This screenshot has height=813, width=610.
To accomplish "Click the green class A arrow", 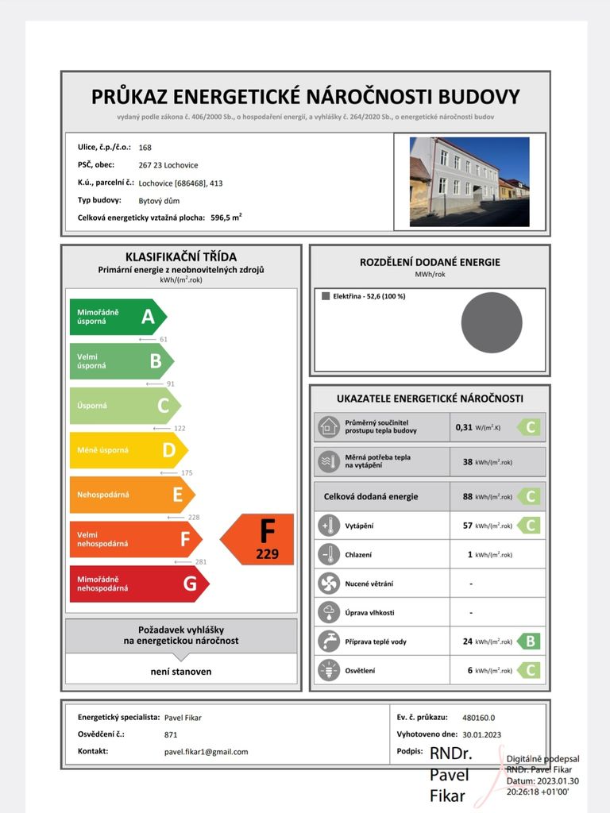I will pyautogui.click(x=118, y=318).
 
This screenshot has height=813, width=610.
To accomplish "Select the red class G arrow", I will pyautogui.click(x=138, y=584).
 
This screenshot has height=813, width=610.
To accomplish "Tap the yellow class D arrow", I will pyautogui.click(x=128, y=450).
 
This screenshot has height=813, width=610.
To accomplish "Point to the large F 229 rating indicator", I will pyautogui.click(x=259, y=539).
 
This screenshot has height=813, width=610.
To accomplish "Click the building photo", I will pyautogui.click(x=469, y=182).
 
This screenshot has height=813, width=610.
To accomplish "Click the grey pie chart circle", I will pyautogui.click(x=492, y=322).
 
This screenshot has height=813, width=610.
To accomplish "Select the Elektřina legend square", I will pyautogui.click(x=326, y=296).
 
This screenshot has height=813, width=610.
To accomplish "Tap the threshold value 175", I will pyautogui.click(x=187, y=473).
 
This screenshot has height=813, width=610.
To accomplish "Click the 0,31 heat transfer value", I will pyautogui.click(x=464, y=427).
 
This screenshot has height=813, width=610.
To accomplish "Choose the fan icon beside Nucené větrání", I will pyautogui.click(x=327, y=584).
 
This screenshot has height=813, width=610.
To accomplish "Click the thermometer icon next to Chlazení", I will pyautogui.click(x=327, y=554).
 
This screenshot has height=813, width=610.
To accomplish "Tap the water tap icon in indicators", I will pyautogui.click(x=327, y=641).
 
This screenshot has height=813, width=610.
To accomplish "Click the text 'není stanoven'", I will pyautogui.click(x=181, y=672).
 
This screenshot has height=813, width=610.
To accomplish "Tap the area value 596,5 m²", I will pyautogui.click(x=226, y=217).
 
